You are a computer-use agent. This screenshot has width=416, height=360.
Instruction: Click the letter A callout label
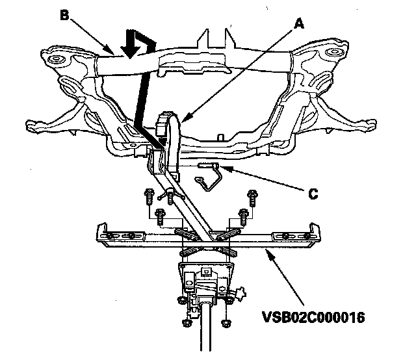click(x=300, y=23)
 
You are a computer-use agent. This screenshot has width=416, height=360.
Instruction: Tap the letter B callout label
click(x=64, y=14)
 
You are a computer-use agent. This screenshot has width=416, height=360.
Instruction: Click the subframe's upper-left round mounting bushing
click(x=55, y=61)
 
